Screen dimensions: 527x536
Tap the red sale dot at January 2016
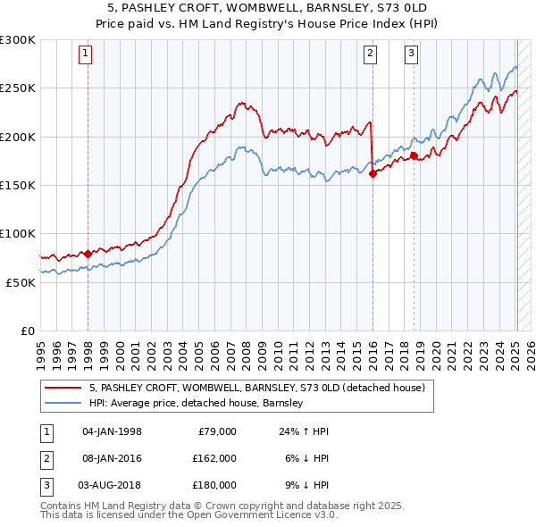pyautogui.click(x=373, y=174)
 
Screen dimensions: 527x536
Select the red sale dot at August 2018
pyautogui.click(x=414, y=156)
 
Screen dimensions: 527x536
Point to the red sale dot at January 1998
pyautogui.click(x=88, y=254)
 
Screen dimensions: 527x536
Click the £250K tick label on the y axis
pyautogui.click(x=18, y=88)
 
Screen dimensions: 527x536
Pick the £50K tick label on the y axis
pyautogui.click(x=21, y=282)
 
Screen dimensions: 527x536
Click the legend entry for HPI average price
pyautogui.click(x=197, y=403)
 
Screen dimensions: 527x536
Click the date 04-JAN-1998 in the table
pyautogui.click(x=112, y=431)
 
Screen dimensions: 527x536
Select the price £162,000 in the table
pyautogui.click(x=214, y=458)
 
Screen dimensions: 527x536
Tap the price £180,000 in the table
pyautogui.click(x=214, y=485)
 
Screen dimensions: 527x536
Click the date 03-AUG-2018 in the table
pyautogui.click(x=112, y=485)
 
